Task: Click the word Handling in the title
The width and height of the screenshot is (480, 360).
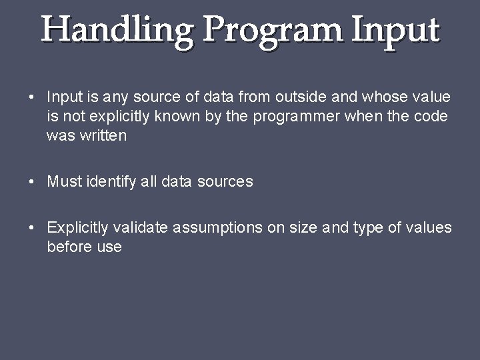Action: pyautogui.click(x=117, y=31)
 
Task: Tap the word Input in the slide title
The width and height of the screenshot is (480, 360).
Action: pyautogui.click(x=396, y=31)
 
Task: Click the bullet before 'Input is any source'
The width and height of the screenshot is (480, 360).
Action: pyautogui.click(x=33, y=98)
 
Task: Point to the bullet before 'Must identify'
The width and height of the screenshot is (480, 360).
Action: pyautogui.click(x=33, y=182)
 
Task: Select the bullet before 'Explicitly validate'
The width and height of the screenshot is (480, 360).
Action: pyautogui.click(x=33, y=229)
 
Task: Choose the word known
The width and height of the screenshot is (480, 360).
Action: pyautogui.click(x=175, y=117)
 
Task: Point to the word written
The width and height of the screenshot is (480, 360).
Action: pyautogui.click(x=103, y=136)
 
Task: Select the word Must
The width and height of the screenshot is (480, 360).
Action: pyautogui.click(x=65, y=181)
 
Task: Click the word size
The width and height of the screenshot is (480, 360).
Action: pyautogui.click(x=303, y=228)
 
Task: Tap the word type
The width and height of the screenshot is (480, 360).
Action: pyautogui.click(x=367, y=228)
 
